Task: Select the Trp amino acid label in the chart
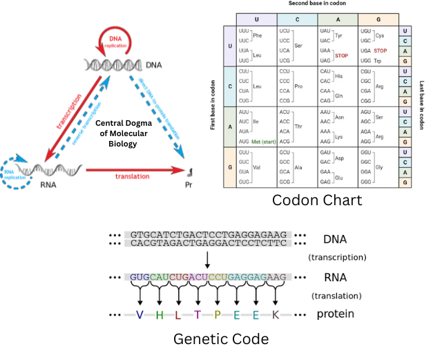click(377, 61)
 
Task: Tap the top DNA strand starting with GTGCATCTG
click(207, 235)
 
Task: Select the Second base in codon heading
click(317, 4)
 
